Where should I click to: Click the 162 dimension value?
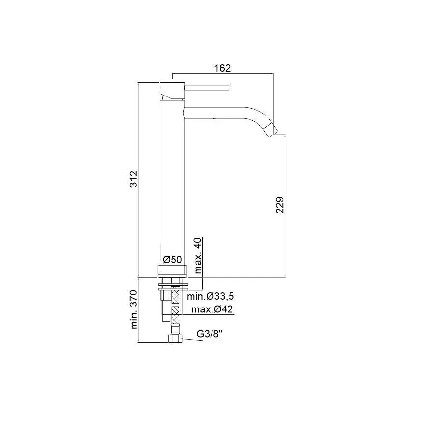[x=222, y=68]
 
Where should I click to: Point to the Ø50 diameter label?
[x=172, y=259]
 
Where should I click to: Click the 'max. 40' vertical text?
[x=199, y=255]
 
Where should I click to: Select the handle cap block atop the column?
[x=172, y=90]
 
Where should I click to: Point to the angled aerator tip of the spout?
[x=273, y=129]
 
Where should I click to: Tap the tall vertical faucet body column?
[x=172, y=180]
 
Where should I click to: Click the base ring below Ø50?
[x=172, y=271]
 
